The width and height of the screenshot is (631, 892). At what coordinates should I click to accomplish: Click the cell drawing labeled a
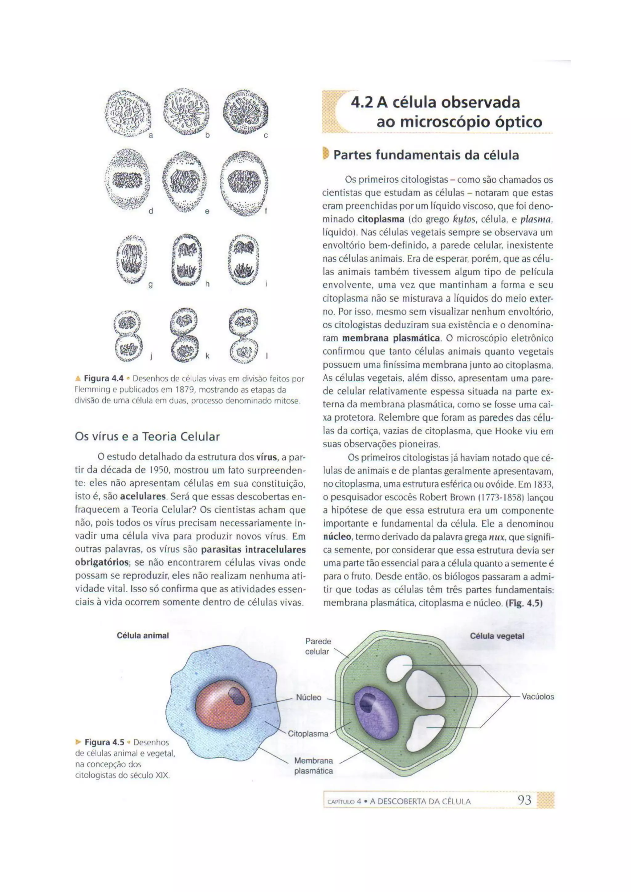[x=128, y=113]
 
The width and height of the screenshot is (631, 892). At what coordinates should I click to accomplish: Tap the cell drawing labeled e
[x=185, y=182]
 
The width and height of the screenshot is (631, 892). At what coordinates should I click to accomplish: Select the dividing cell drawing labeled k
[x=185, y=336]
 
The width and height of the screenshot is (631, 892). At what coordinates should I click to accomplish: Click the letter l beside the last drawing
[x=267, y=355]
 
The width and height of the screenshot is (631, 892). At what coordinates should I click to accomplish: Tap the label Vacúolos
[x=537, y=697]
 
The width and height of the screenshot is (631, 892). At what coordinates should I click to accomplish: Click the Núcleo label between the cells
[x=308, y=697]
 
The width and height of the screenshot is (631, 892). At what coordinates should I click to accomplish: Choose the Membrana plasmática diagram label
[x=313, y=765]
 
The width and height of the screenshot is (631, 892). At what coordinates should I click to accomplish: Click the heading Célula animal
[x=143, y=636]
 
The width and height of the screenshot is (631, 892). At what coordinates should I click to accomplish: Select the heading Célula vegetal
[x=497, y=636]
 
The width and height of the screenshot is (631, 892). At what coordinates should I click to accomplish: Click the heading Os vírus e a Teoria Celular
[x=147, y=437]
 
